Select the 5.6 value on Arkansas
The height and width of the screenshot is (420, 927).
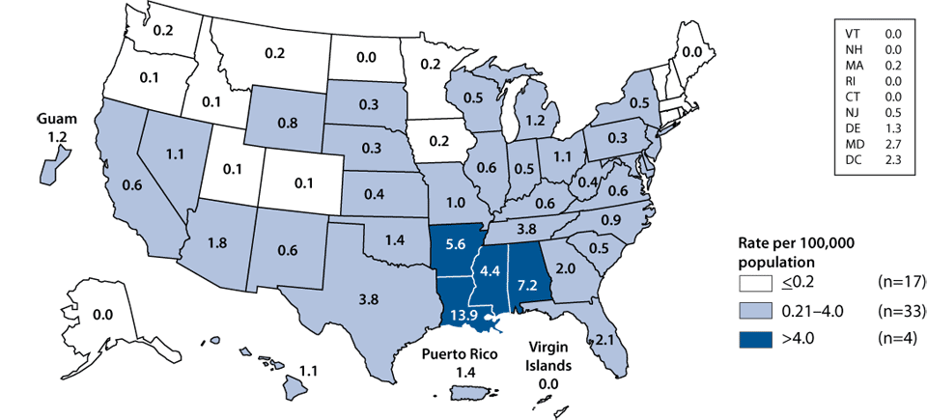click(x=456, y=246)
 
